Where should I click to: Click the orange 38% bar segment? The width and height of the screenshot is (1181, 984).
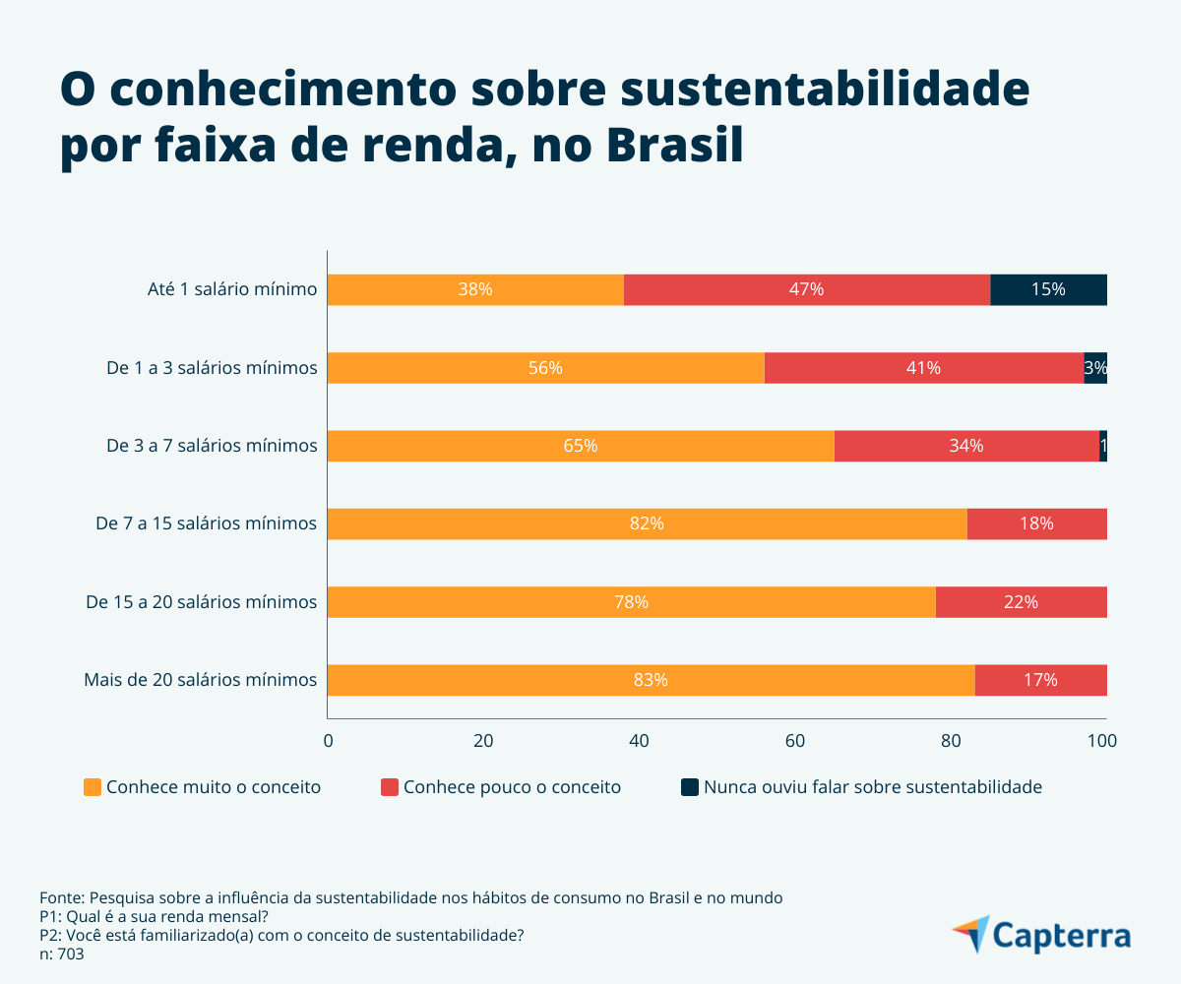[x=475, y=289]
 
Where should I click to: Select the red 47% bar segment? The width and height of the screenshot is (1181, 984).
[x=807, y=289]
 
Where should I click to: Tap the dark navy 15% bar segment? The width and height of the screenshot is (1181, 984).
[x=1048, y=289]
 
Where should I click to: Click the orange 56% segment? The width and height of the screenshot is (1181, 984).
[x=545, y=368]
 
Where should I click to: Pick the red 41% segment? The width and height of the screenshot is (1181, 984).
[x=923, y=368]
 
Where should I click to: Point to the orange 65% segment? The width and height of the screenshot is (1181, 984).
[x=581, y=446]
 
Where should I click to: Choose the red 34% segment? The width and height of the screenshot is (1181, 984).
[x=966, y=446]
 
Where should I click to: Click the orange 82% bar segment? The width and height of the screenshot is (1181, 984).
[x=647, y=523]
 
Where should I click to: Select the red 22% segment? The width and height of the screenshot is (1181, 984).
[x=1021, y=602]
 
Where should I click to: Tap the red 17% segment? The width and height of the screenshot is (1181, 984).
[x=1040, y=680]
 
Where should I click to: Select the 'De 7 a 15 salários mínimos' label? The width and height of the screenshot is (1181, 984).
[x=206, y=523]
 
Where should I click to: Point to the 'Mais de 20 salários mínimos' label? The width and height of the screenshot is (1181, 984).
[x=200, y=680]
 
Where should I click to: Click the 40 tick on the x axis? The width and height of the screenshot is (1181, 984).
[x=639, y=741]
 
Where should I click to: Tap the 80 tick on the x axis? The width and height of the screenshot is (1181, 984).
[x=951, y=741]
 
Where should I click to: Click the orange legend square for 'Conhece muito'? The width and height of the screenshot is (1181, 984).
[x=93, y=787]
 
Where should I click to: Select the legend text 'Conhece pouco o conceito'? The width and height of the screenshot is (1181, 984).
[x=512, y=787]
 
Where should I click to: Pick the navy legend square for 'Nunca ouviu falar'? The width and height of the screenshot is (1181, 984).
[x=689, y=787]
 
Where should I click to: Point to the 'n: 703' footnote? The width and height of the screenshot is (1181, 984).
[x=62, y=953]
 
